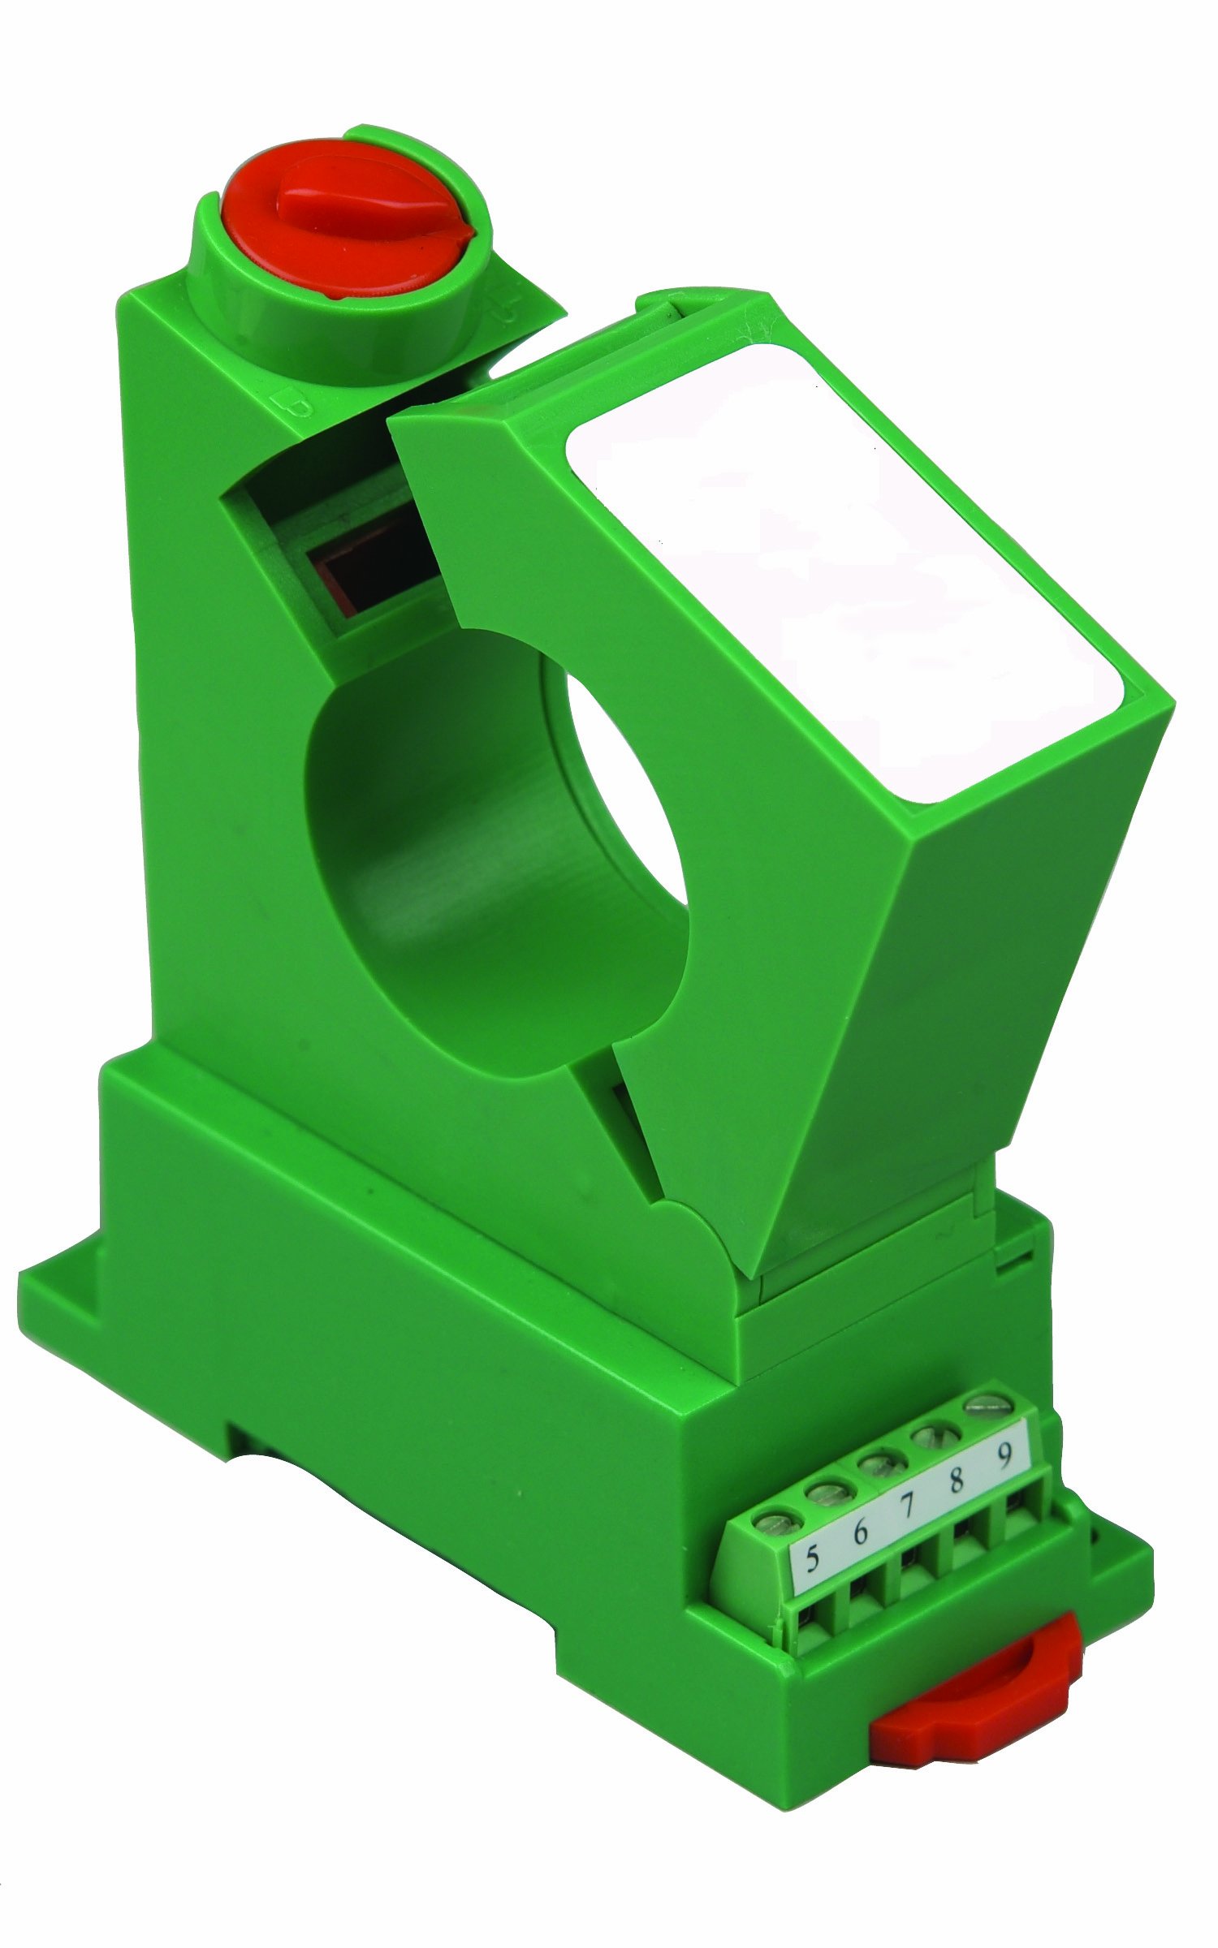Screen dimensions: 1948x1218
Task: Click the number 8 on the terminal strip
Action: click(956, 1480)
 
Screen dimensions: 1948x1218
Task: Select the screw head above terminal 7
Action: click(879, 1463)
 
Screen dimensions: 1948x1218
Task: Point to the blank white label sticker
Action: click(844, 568)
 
